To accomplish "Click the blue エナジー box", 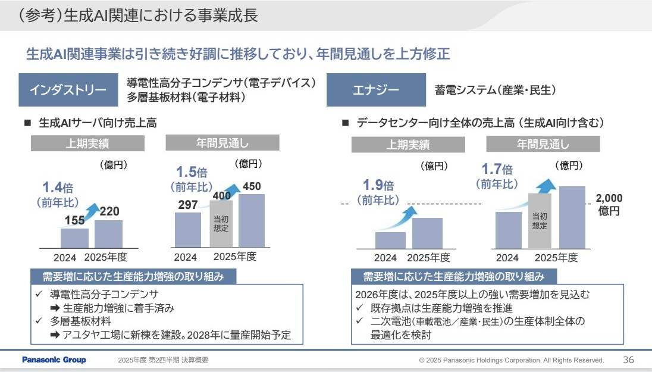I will tap(376, 90).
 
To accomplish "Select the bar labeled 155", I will tap(74, 237).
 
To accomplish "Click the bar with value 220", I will tap(108, 233).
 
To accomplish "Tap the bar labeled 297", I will tap(188, 229).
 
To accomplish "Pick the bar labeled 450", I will tap(251, 220).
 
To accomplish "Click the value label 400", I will tap(222, 195).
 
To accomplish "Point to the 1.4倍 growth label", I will tap(58, 187).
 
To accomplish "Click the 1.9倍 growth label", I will tap(378, 185).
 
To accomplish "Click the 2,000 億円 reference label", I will tap(609, 204).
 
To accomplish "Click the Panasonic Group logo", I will tap(54, 360).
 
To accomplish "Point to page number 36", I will tap(628, 360).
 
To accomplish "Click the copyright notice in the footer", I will tap(511, 361).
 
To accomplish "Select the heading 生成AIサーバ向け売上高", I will tap(98, 123).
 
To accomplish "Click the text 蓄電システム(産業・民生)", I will tap(495, 90).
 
